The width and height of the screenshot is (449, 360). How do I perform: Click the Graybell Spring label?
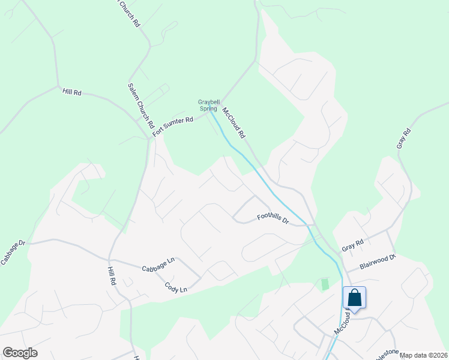tap(208, 105)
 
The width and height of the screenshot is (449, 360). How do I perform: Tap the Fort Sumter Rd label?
tap(173, 127)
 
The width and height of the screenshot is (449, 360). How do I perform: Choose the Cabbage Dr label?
tap(13, 253)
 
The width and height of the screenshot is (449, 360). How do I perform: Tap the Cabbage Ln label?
tap(158, 265)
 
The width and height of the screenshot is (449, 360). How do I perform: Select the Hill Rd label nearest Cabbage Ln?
tap(111, 279)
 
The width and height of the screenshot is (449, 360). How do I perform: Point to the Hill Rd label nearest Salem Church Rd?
tap(71, 93)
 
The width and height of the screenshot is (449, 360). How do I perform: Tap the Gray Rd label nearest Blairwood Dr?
tap(353, 246)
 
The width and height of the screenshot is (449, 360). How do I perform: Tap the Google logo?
tap(20, 353)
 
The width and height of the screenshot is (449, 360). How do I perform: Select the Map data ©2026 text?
tap(423, 355)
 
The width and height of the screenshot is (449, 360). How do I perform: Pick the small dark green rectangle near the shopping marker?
tap(325, 284)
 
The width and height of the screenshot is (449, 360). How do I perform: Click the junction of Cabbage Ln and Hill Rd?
tap(112, 260)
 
